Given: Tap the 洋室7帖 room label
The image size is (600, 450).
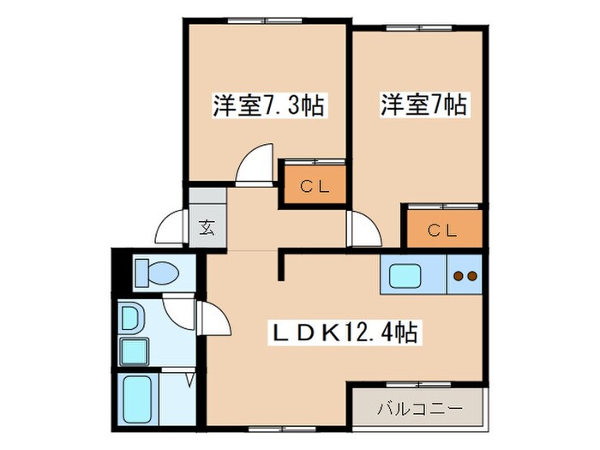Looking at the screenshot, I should pos(423,106).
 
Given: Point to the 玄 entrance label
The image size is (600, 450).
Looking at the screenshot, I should pos(207,228).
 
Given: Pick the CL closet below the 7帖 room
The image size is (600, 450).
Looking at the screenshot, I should pos(443,229).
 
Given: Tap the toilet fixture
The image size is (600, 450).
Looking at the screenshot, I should pos(157,273).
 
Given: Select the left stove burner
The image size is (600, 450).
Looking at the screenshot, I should pos(458,276).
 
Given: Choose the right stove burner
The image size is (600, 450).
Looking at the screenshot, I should pos(471,276).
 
